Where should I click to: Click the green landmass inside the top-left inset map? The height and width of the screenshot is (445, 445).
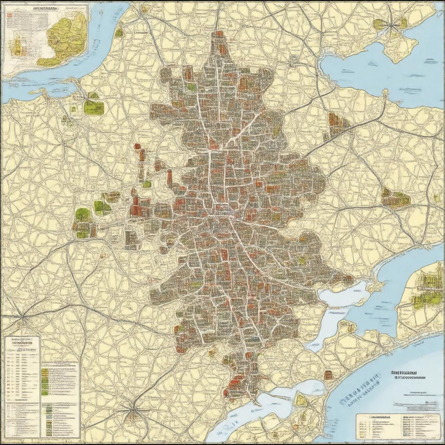[x=65, y=37]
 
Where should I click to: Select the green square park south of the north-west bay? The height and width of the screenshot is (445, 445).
[x=93, y=106]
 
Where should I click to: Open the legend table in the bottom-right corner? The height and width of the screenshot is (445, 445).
[x=398, y=426]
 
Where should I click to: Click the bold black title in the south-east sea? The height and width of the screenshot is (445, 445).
[x=404, y=373]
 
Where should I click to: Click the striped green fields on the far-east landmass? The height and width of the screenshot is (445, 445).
[x=424, y=289]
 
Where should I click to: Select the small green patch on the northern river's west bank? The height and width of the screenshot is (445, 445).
[x=119, y=32]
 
